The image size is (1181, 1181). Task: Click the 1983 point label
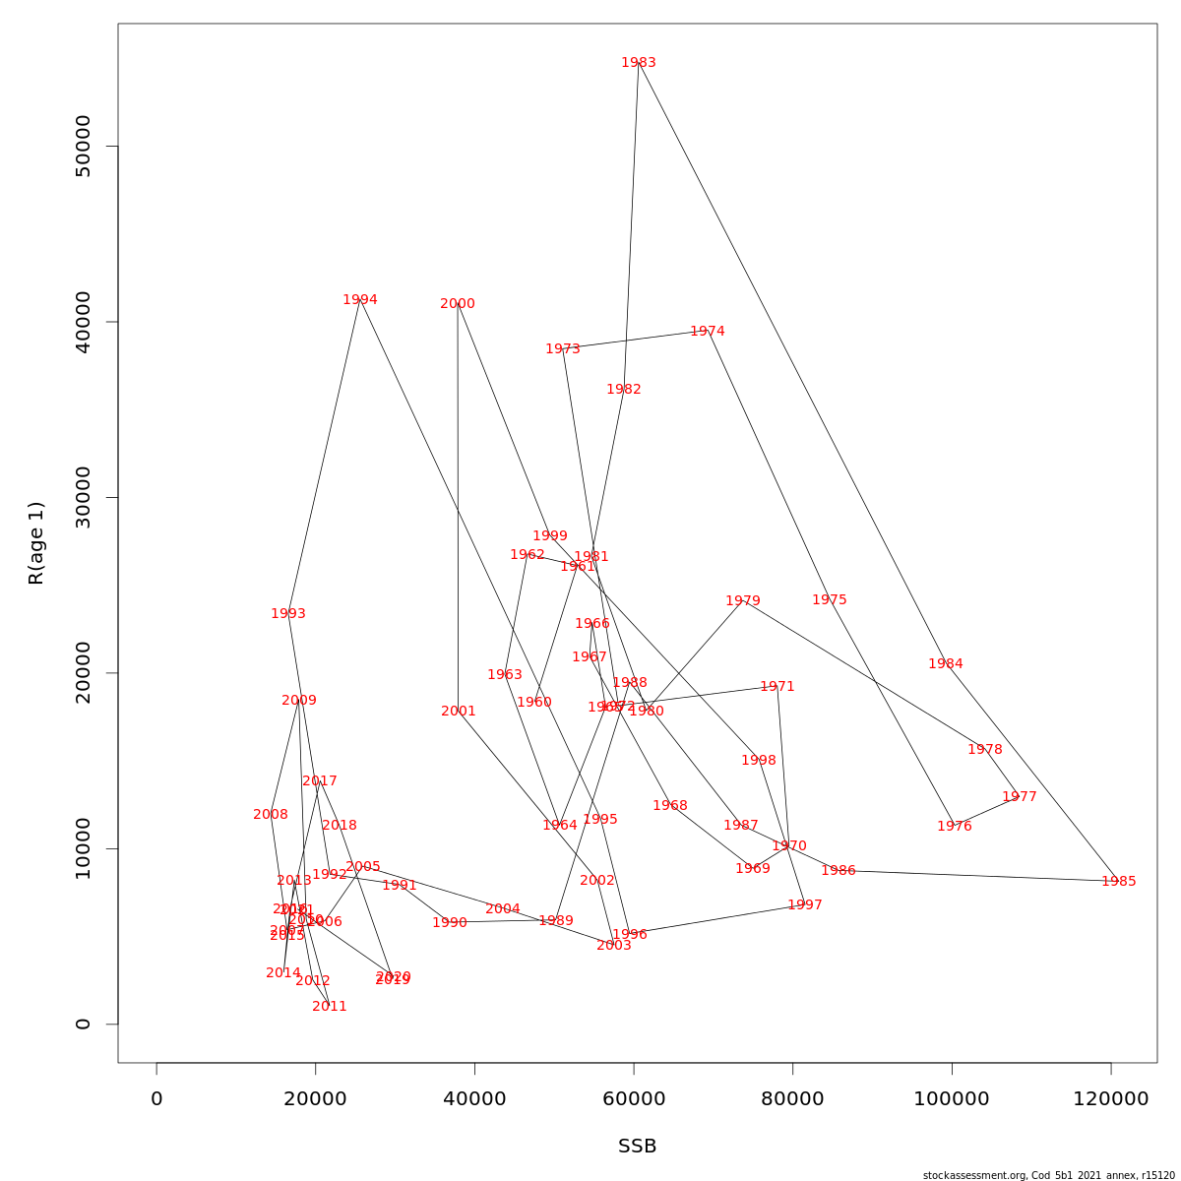(x=639, y=63)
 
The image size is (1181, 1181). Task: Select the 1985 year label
(x=1119, y=882)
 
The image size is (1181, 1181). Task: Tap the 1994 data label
(x=360, y=300)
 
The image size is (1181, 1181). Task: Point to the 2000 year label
(x=458, y=304)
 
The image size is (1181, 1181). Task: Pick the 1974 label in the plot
(x=708, y=332)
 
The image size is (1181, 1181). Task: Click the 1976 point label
(x=955, y=827)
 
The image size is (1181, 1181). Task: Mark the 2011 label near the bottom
(x=330, y=1007)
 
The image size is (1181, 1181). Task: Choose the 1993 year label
(x=288, y=614)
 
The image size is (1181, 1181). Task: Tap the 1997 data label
(x=805, y=905)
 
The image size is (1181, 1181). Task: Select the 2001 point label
(x=459, y=712)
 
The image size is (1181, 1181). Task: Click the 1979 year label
(x=743, y=601)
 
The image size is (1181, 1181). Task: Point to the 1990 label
(x=450, y=923)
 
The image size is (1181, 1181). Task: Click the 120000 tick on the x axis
(x=1111, y=1099)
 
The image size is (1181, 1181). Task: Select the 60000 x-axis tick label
(x=634, y=1099)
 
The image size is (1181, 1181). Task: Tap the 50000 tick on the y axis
(x=84, y=147)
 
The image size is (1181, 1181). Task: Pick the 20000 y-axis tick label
(x=84, y=673)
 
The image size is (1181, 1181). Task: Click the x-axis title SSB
(x=638, y=1147)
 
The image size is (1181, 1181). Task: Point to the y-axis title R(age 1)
(x=36, y=543)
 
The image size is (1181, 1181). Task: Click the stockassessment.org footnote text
(x=1048, y=1175)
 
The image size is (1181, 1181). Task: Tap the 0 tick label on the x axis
(x=156, y=1099)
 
